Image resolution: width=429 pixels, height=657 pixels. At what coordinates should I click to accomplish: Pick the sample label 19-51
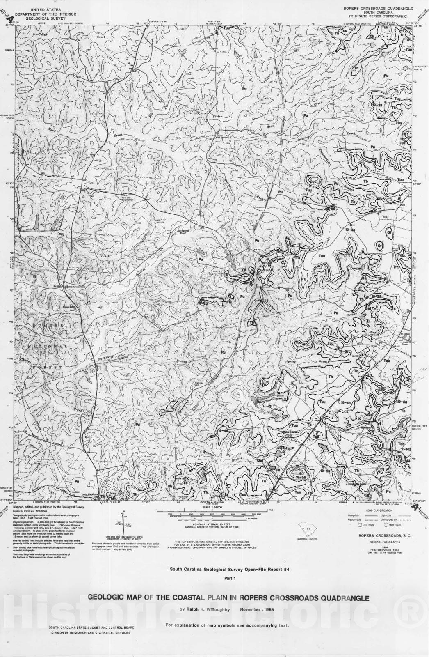(x=344, y=352)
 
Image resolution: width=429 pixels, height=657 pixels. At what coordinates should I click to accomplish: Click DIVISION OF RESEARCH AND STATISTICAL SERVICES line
(x=89, y=633)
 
